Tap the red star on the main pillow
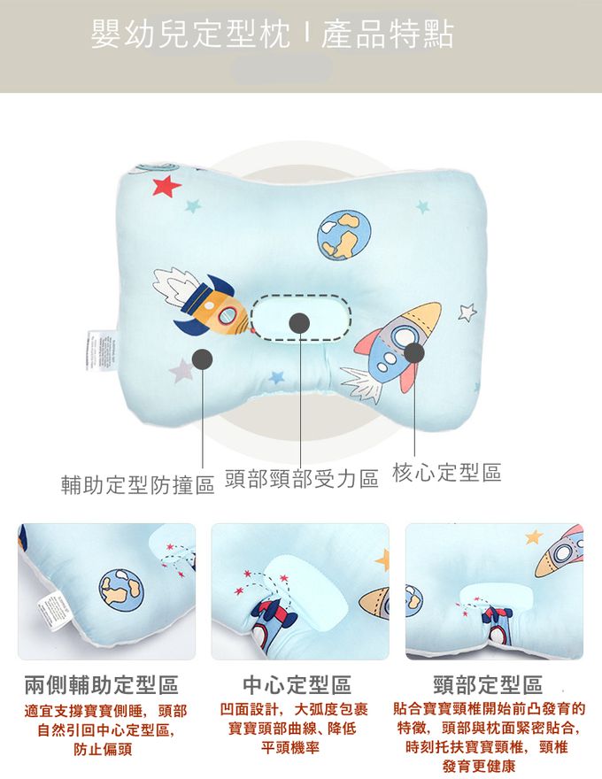(x=166, y=186)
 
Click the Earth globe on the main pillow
(x=343, y=234)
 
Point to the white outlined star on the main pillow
(x=467, y=312)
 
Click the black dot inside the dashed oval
(x=300, y=323)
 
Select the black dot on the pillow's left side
(x=204, y=358)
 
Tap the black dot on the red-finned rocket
(x=413, y=352)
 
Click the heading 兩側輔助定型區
(x=101, y=684)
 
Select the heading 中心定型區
(x=297, y=684)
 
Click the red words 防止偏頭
(x=103, y=749)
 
